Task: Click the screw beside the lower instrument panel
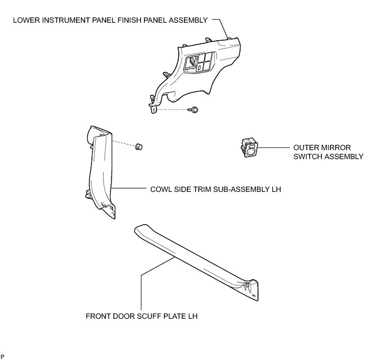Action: click(194, 109)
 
